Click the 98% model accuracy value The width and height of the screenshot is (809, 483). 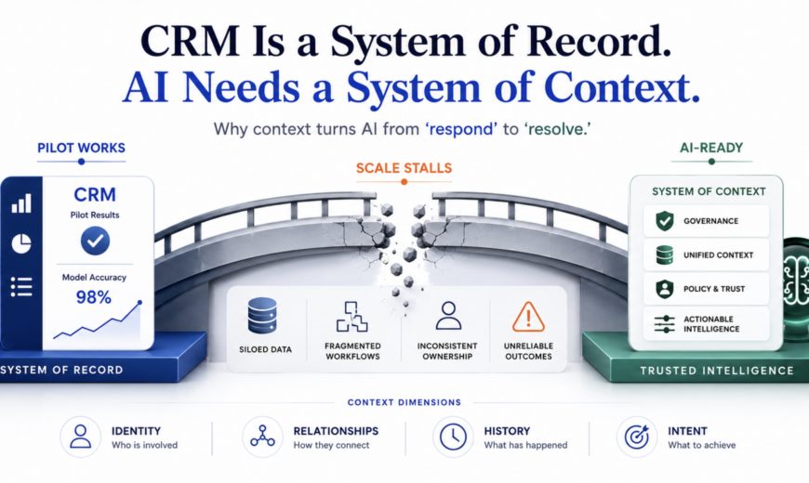(93, 297)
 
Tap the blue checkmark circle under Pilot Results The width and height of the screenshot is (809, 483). (95, 241)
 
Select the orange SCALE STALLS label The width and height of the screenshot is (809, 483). (404, 168)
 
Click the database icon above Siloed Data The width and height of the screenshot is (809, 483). (262, 316)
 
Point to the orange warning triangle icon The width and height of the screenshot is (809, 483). (528, 317)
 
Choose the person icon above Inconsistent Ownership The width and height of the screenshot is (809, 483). (448, 316)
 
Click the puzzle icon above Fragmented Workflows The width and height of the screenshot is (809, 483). (351, 317)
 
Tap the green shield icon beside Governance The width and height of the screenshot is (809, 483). (665, 221)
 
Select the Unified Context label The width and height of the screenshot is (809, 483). (718, 255)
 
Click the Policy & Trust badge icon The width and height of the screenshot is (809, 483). (665, 289)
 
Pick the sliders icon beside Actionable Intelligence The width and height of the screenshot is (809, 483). (665, 324)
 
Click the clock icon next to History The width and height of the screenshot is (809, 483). (453, 437)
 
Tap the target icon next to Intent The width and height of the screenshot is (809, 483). (637, 437)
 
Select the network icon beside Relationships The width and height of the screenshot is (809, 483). (262, 436)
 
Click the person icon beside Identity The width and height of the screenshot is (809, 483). (81, 437)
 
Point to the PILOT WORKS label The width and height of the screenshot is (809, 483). (81, 148)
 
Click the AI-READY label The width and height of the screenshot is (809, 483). (711, 148)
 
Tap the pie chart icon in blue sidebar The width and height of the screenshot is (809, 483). (21, 243)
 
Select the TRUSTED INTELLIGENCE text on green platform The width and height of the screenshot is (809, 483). (717, 371)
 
